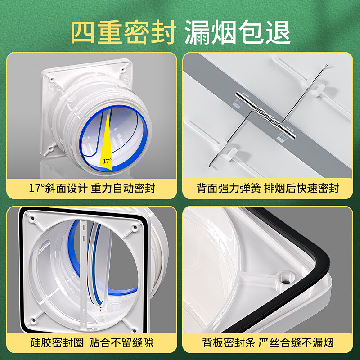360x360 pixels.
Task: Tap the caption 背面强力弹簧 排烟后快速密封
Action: pos(268,188)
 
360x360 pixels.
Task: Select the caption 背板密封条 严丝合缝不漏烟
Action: pos(268,343)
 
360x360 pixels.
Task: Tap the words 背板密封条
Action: pos(226,343)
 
